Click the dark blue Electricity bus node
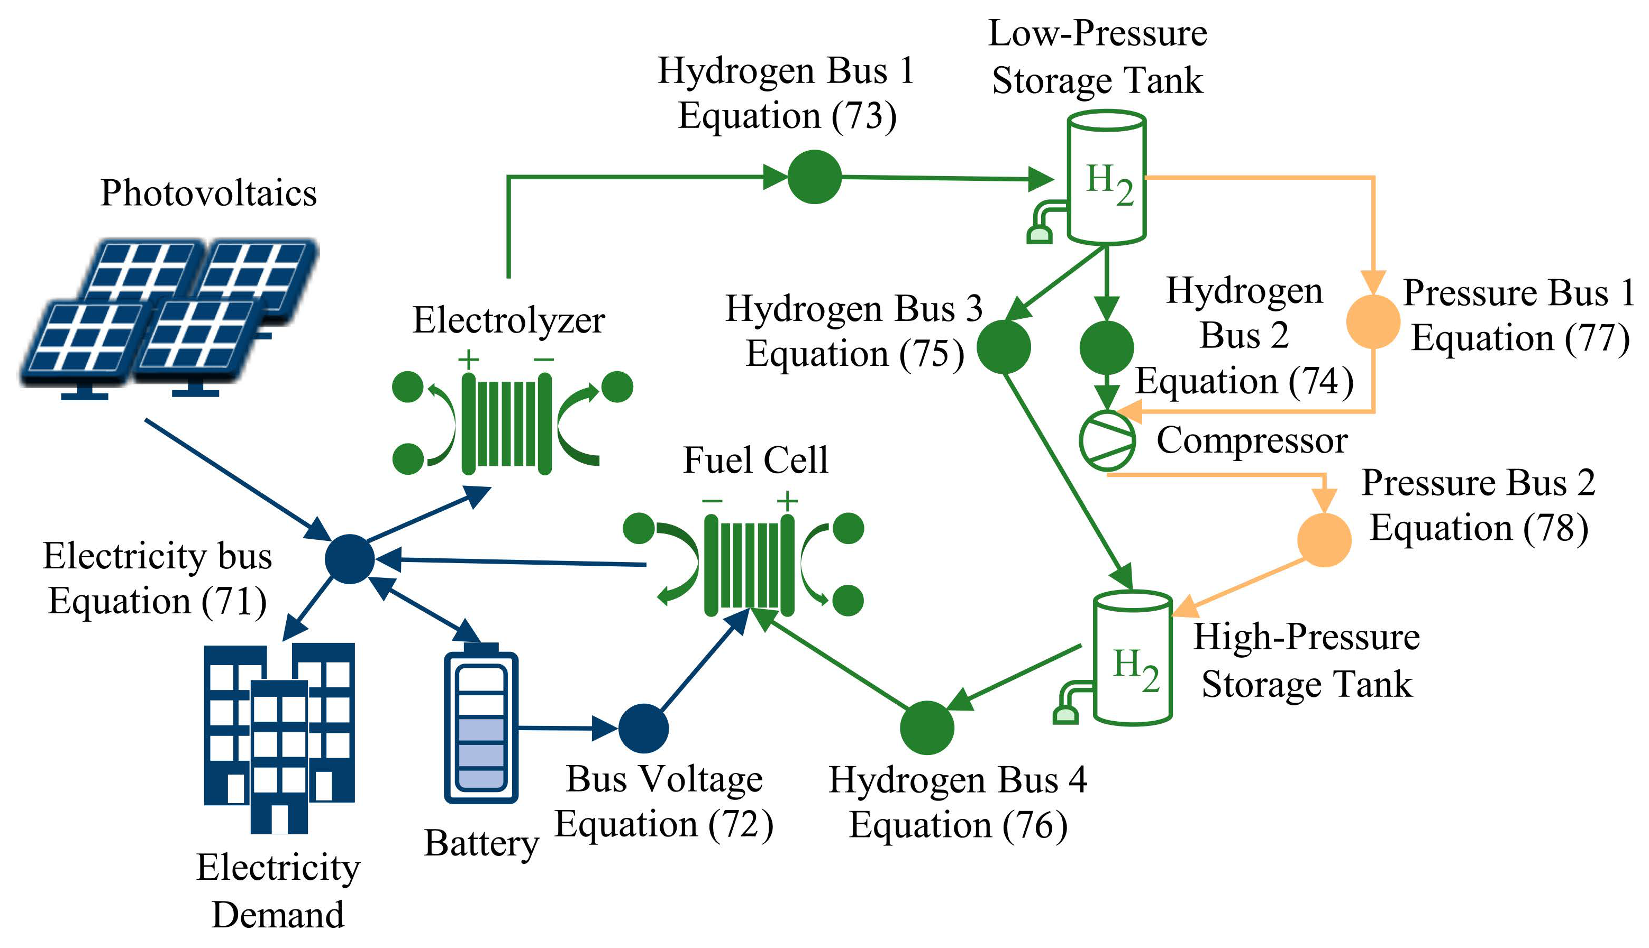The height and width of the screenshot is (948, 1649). point(350,559)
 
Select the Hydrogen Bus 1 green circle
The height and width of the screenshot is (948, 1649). point(814,177)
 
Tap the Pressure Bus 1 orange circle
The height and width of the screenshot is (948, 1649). point(1373,321)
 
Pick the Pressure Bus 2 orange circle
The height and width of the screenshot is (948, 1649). point(1324,540)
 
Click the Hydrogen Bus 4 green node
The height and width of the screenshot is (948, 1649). point(927,728)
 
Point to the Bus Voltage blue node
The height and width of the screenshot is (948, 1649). point(643,728)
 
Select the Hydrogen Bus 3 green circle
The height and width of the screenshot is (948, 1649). point(1004,346)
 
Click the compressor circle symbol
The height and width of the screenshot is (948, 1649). point(1107,441)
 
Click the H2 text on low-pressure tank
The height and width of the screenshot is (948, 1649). point(1109,185)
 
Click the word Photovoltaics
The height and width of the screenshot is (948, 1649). point(208,194)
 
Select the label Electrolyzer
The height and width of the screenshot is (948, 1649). point(508,320)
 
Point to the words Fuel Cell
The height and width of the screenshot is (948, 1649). point(755,461)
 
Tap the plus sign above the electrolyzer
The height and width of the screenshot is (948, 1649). point(468,360)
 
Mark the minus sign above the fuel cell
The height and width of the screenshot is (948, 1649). point(712,501)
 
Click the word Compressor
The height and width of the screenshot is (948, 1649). point(1252,441)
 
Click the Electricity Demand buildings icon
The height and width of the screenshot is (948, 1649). point(279,736)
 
